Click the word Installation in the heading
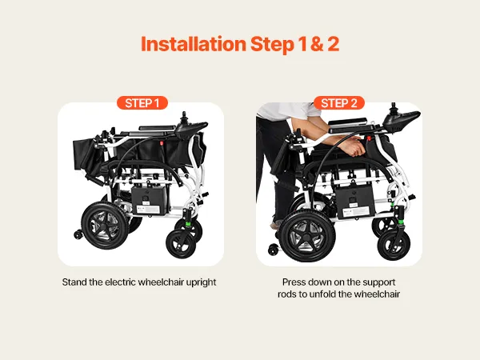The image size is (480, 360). [x=194, y=44]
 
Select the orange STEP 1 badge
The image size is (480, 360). [x=142, y=103]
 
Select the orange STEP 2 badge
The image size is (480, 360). [x=339, y=103]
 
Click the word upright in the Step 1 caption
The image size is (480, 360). [x=201, y=282]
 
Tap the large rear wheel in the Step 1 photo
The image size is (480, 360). [x=105, y=226]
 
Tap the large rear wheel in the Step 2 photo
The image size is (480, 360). [x=307, y=236]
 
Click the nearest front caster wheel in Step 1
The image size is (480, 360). [x=182, y=244]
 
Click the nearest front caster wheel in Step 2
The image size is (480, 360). [x=394, y=244]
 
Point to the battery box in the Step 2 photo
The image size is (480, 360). [x=355, y=202]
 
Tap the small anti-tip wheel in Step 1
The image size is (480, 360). [x=78, y=234]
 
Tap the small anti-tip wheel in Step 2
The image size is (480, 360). [x=273, y=250]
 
